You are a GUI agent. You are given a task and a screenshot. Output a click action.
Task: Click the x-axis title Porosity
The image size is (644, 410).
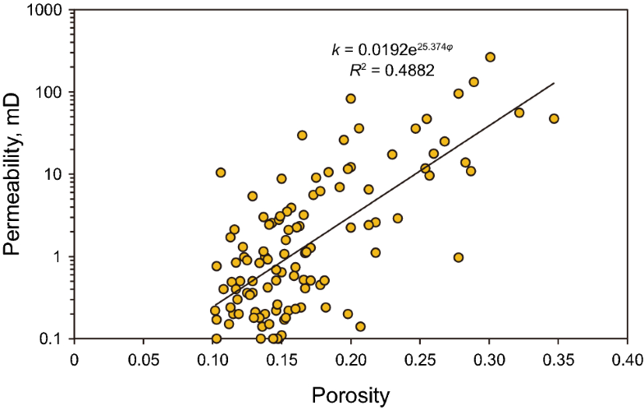pyautogui.click(x=350, y=395)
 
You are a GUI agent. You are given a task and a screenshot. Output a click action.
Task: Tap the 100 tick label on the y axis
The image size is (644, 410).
pyautogui.click(x=49, y=93)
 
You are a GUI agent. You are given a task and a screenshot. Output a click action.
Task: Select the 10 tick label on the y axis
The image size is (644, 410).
pyautogui.click(x=53, y=175)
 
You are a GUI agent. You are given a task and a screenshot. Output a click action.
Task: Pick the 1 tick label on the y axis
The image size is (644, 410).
pyautogui.click(x=57, y=256)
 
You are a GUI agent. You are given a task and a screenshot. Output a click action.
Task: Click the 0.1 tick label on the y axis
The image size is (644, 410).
pyautogui.click(x=52, y=339)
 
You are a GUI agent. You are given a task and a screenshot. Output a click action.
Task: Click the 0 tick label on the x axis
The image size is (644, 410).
pyautogui.click(x=75, y=358)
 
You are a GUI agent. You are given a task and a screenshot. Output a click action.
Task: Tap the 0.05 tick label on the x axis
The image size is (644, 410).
pyautogui.click(x=144, y=358)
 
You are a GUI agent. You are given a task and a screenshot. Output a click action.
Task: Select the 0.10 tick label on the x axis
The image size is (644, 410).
pyautogui.click(x=213, y=358)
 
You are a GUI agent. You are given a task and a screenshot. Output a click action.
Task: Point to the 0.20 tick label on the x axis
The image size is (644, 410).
pyautogui.click(x=352, y=358)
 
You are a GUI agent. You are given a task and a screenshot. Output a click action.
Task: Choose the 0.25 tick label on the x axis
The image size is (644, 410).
pyautogui.click(x=421, y=358)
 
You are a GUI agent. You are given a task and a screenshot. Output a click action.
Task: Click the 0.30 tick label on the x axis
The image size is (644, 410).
pyautogui.click(x=490, y=358)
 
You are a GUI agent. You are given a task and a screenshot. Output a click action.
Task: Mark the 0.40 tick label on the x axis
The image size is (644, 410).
pyautogui.click(x=628, y=358)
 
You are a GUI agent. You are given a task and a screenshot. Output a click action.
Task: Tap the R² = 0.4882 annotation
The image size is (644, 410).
pyautogui.click(x=392, y=71)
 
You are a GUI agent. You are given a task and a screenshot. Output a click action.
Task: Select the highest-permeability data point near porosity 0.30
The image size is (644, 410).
pyautogui.click(x=490, y=58)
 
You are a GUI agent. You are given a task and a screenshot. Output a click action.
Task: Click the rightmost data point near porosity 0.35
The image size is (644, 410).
pyautogui.click(x=554, y=118)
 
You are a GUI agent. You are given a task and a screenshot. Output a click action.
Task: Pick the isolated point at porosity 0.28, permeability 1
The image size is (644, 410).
pyautogui.click(x=459, y=257)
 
